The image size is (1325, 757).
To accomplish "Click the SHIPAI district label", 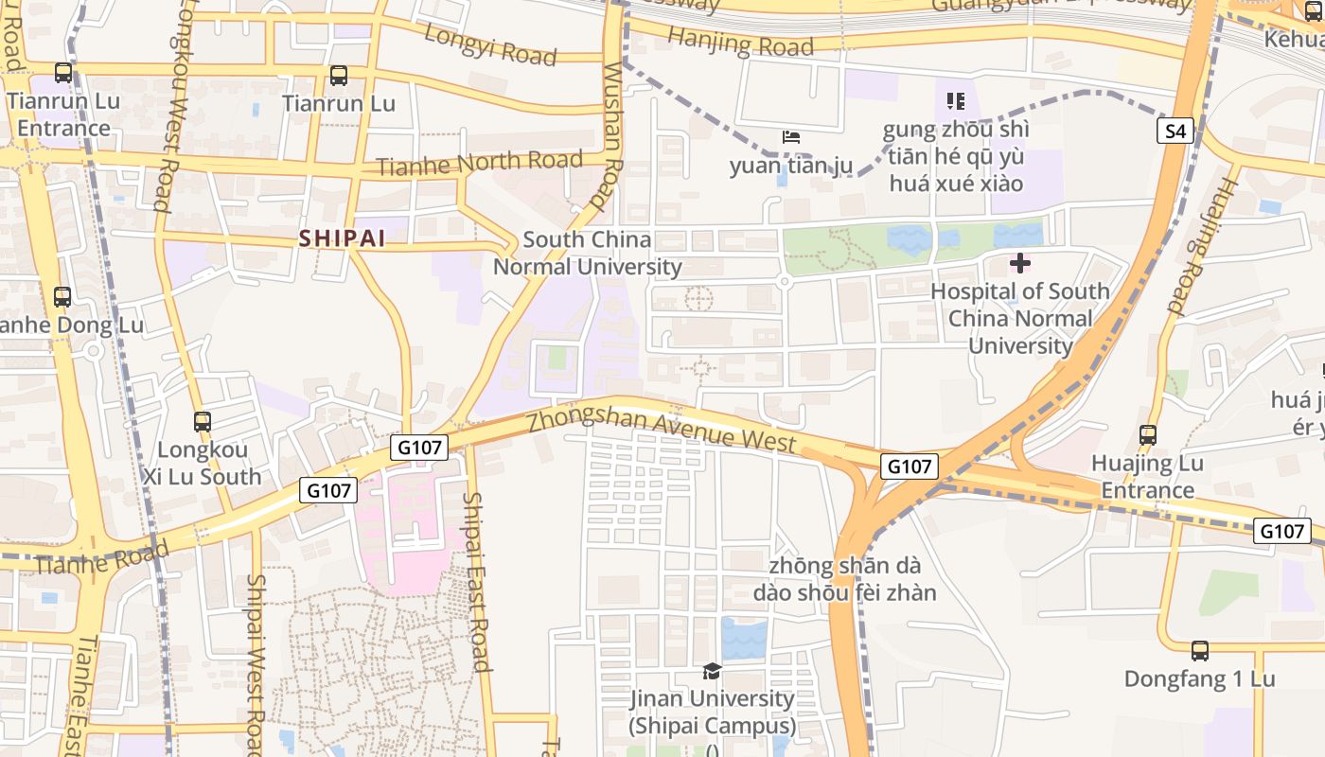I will click(x=343, y=238).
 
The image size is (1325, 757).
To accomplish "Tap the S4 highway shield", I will click(x=1175, y=132).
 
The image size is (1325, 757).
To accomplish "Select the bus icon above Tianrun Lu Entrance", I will click(x=63, y=73).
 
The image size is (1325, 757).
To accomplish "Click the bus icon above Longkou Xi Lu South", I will click(x=202, y=422).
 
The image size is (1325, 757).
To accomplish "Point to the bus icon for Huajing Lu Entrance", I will click(x=1147, y=435).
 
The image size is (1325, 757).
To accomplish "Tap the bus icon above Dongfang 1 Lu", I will click(x=1199, y=651).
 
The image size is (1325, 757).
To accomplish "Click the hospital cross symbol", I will click(x=1019, y=263).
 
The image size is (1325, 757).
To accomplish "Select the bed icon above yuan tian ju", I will click(x=791, y=138).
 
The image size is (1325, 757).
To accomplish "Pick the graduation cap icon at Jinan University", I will click(x=712, y=671).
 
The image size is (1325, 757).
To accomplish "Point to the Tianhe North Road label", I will click(x=479, y=164).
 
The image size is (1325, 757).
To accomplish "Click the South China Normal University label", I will click(x=587, y=254).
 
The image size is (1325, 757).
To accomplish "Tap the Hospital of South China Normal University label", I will click(x=1019, y=318).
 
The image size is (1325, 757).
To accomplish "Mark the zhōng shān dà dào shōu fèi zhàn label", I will click(x=844, y=579).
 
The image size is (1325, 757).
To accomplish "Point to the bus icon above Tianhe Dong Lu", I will click(x=62, y=297).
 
